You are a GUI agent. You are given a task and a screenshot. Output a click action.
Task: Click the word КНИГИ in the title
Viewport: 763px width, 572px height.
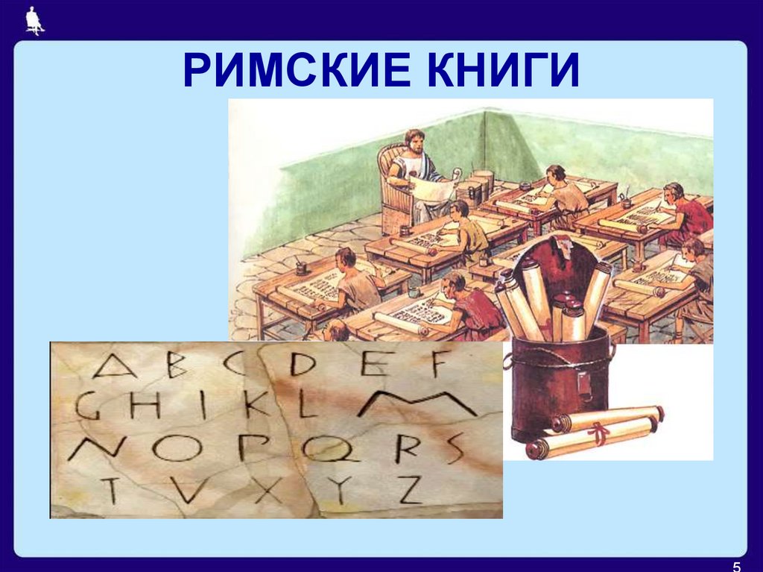pos(502,72)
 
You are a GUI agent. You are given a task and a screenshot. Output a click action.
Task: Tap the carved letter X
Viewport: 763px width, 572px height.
pos(261,491)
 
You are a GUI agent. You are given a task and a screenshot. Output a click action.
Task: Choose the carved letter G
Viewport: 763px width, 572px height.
pos(89,406)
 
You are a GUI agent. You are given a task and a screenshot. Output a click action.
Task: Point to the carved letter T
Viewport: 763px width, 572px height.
pos(111,490)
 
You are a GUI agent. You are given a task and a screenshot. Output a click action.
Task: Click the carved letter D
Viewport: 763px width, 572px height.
pos(303,364)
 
